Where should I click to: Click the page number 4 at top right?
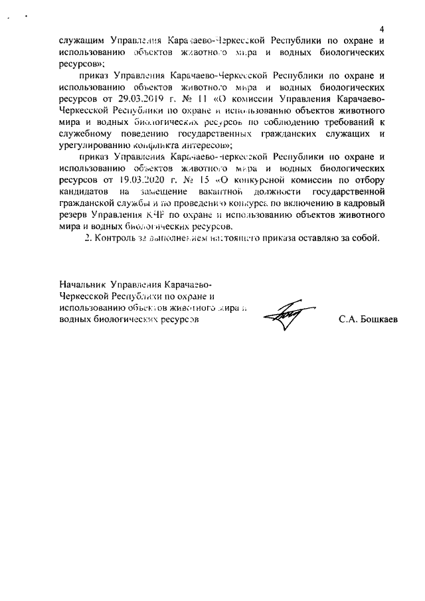coord(382,29)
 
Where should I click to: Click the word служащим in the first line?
coord(82,40)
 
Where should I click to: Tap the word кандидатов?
coord(83,191)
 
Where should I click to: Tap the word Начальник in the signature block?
coord(82,286)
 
